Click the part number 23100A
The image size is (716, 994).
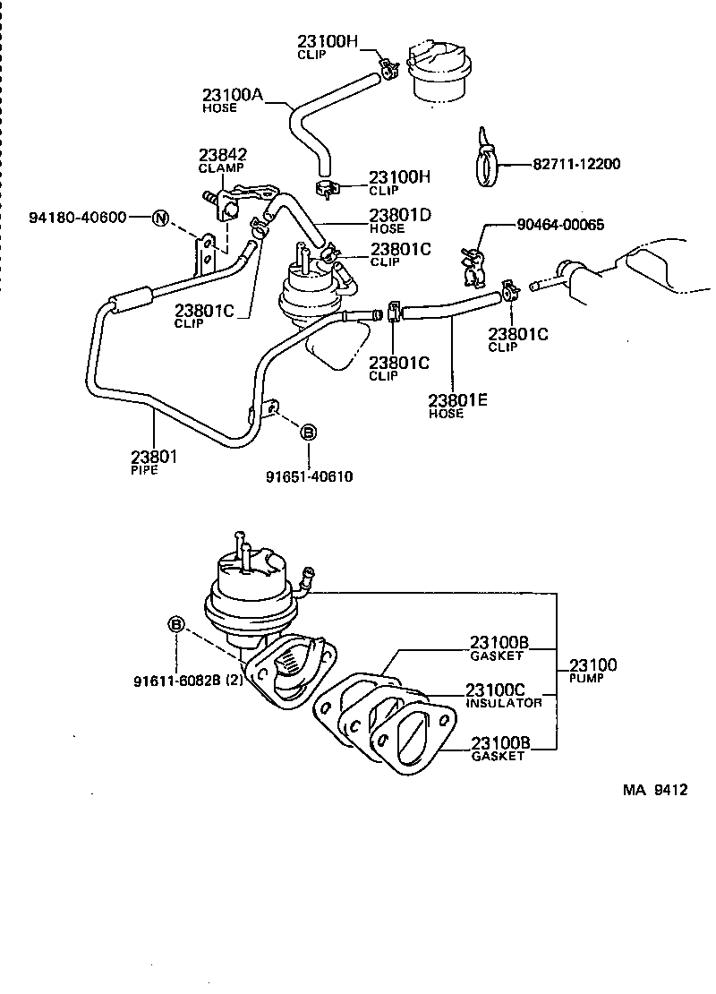(232, 95)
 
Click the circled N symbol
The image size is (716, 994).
(160, 218)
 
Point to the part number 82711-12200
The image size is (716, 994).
(576, 164)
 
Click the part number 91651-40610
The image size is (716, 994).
(309, 476)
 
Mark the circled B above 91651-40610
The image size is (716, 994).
(307, 433)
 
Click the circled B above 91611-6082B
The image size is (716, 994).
(177, 624)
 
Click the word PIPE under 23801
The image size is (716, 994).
(143, 470)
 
